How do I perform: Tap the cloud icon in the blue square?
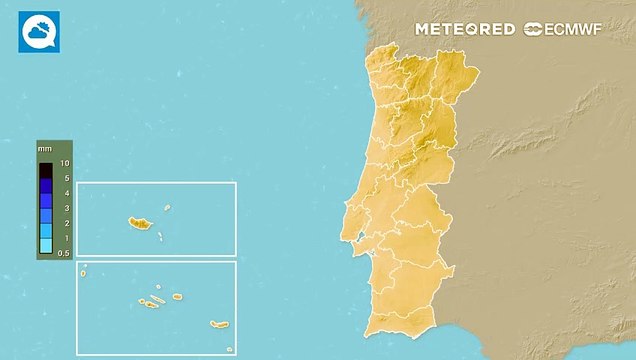39,32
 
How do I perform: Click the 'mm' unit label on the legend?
45,149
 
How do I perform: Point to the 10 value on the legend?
64,162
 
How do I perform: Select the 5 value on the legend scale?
64,178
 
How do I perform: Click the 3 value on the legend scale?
64,208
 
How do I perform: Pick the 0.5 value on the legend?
63,253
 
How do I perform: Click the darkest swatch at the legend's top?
46,170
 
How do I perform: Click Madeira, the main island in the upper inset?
138,222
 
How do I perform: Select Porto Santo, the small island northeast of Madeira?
168,207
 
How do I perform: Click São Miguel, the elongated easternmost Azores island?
219,323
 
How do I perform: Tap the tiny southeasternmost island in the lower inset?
229,349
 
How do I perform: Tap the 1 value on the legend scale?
64,238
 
